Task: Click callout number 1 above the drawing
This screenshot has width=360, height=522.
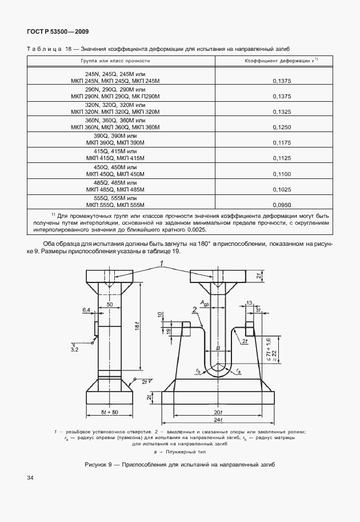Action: (162, 262)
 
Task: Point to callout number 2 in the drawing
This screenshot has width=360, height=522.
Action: (195, 309)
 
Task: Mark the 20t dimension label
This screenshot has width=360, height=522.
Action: (215, 412)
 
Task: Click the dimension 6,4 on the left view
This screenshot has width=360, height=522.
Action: (87, 310)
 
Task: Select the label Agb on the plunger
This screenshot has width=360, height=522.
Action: (204, 302)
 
